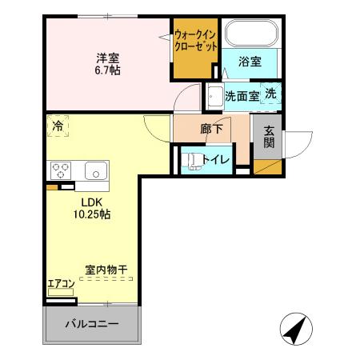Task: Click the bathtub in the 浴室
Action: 251,34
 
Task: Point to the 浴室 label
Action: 250,62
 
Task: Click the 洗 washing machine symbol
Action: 271,94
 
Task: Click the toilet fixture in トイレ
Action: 192,159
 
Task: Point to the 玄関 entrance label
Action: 269,138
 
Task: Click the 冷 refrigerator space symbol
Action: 58,126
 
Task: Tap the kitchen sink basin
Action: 95,171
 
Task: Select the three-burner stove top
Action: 61,170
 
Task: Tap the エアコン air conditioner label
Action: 61,282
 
